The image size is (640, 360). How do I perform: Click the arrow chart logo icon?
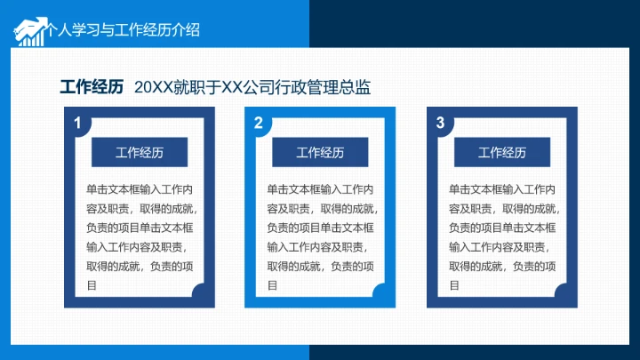pyautogui.click(x=29, y=30)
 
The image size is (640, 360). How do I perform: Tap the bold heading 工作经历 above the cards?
pyautogui.click(x=92, y=86)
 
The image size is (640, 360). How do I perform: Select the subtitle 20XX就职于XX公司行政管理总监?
pyautogui.click(x=252, y=86)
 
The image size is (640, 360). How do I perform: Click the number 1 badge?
pyautogui.click(x=78, y=124)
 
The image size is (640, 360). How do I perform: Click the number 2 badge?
pyautogui.click(x=259, y=124)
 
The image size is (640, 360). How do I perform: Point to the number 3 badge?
pyautogui.click(x=440, y=124)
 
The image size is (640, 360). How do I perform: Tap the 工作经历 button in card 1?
pyautogui.click(x=140, y=152)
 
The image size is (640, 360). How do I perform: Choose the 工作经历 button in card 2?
pyautogui.click(x=320, y=152)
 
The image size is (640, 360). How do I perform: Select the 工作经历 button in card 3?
pyautogui.click(x=502, y=152)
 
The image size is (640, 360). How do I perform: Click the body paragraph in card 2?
pyautogui.click(x=320, y=236)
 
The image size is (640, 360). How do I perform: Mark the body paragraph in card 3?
pyautogui.click(x=502, y=236)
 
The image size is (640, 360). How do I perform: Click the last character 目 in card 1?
pyautogui.click(x=92, y=285)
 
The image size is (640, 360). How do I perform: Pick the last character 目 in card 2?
pyautogui.click(x=272, y=285)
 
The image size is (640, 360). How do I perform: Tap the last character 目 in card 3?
pyautogui.click(x=454, y=285)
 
